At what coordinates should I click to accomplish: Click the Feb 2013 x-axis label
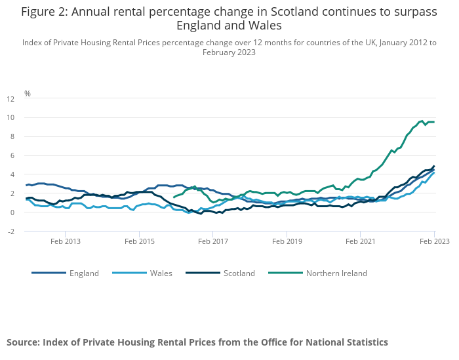tap(66, 241)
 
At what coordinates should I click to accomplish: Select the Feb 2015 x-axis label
tap(139, 241)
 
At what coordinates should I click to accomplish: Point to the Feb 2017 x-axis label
tap(213, 241)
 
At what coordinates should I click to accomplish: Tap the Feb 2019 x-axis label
tap(287, 241)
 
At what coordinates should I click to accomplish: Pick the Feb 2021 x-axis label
tap(361, 241)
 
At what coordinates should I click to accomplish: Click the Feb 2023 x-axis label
tap(434, 241)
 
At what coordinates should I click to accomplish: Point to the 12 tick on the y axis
tap(10, 99)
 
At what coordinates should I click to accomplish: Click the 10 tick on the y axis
tap(10, 118)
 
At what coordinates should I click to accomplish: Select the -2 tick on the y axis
tap(10, 231)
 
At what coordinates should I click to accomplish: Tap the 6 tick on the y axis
tap(11, 156)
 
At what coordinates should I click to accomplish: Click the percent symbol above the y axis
tap(28, 94)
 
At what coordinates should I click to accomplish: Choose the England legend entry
tap(84, 273)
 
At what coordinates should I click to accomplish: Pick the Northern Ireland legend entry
tap(336, 273)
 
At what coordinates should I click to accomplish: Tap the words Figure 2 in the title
tap(47, 12)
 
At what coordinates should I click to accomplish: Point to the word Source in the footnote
tap(24, 342)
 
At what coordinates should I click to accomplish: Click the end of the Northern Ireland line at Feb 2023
tap(433, 122)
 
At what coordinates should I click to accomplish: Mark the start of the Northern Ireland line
tap(174, 197)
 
